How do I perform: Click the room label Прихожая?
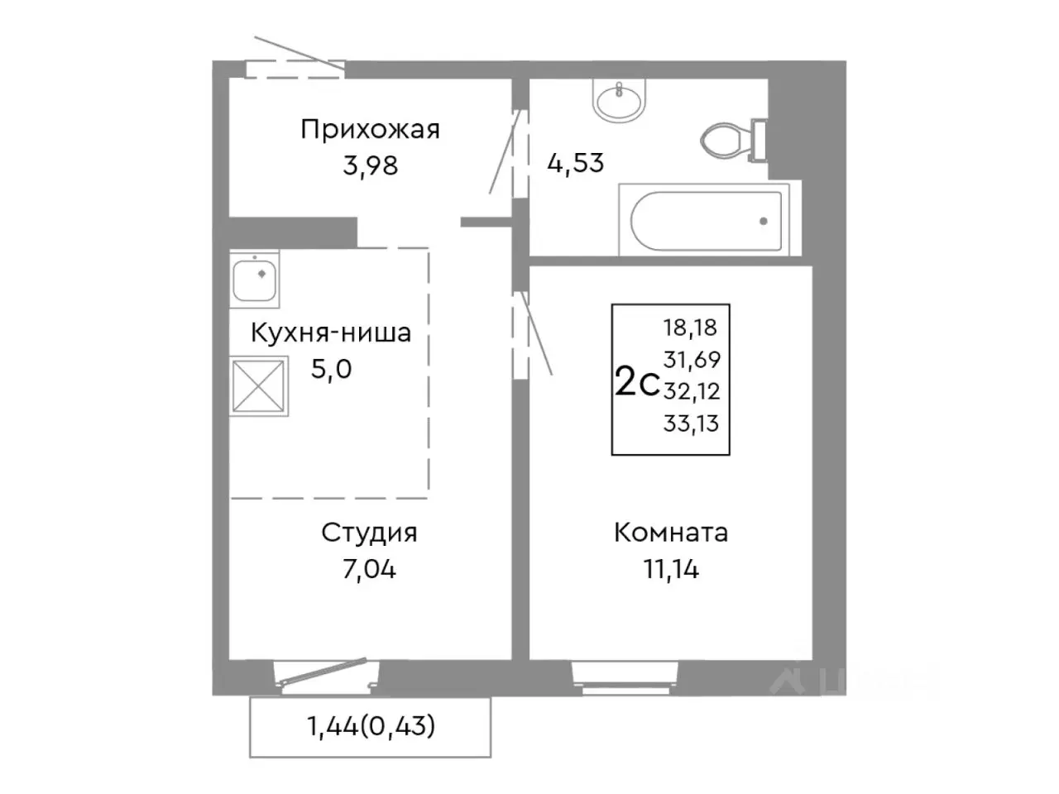(370, 130)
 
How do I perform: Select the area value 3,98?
(370, 165)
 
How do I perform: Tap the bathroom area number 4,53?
(576, 162)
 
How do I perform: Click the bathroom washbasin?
(618, 101)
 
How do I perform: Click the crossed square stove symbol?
(259, 385)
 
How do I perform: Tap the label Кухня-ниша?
(331, 333)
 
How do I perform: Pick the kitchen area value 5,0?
(331, 369)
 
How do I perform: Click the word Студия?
(369, 533)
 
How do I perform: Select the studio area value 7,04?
(369, 569)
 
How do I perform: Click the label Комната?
(671, 533)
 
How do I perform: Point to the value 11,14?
(671, 569)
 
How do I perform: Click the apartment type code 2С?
(635, 384)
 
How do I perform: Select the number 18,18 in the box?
(691, 328)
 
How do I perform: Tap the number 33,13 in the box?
(691, 424)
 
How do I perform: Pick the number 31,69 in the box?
(691, 360)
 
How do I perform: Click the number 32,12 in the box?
(691, 391)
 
